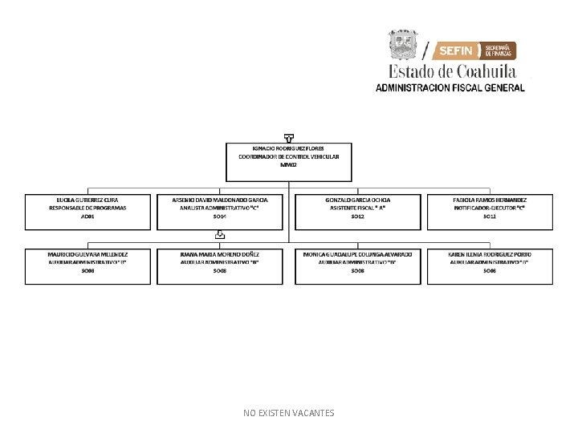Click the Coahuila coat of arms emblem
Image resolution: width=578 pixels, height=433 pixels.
tap(404, 45)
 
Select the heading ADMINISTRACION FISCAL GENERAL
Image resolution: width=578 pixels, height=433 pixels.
tap(450, 87)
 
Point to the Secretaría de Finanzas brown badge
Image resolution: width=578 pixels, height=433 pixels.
tap(499, 51)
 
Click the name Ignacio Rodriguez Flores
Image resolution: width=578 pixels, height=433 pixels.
tap(288, 149)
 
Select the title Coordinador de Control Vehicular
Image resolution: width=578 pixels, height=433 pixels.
tap(288, 156)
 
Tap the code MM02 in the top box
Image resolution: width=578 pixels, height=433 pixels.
tap(288, 164)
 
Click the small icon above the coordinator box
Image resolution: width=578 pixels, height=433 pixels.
tap(289, 138)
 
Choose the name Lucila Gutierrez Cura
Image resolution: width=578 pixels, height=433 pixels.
tap(88, 199)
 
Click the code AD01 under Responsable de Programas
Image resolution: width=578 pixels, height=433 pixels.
tap(88, 216)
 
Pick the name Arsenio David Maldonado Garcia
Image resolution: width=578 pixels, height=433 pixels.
tap(220, 199)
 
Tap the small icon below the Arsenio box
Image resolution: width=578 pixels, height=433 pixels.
tap(220, 235)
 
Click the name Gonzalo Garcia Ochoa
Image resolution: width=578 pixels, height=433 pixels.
tap(358, 199)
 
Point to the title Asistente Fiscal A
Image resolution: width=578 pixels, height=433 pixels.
tap(358, 208)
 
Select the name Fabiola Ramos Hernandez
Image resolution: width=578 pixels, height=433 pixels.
tap(490, 199)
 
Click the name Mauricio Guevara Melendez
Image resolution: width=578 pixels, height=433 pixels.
tap(88, 254)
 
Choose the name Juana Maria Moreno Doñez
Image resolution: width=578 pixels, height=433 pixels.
tap(220, 254)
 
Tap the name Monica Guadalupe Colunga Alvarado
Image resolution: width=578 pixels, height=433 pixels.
tap(358, 254)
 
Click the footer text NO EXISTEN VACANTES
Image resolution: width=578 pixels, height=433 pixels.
tap(289, 413)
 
